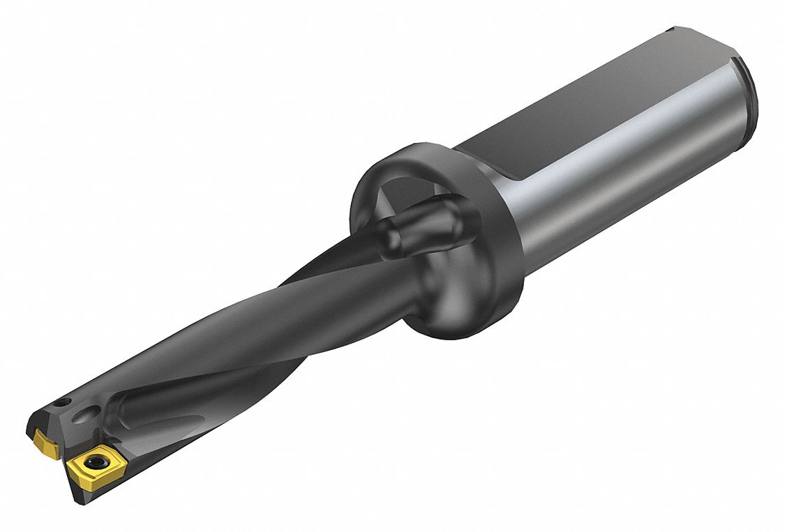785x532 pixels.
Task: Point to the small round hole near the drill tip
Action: (x=63, y=402)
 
